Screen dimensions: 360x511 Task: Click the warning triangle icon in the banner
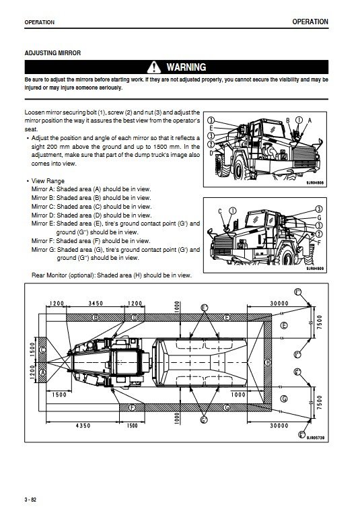pyautogui.click(x=154, y=67)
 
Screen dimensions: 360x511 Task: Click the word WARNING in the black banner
pyautogui.click(x=186, y=67)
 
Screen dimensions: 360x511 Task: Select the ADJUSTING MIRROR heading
pyautogui.click(x=52, y=53)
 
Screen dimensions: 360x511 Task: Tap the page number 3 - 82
pyautogui.click(x=30, y=500)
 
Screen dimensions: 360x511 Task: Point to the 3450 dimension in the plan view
pyautogui.click(x=96, y=304)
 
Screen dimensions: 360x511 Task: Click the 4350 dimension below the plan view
pyautogui.click(x=83, y=425)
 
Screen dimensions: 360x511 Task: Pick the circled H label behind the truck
pyautogui.click(x=267, y=362)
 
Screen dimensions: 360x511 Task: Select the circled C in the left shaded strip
pyautogui.click(x=42, y=350)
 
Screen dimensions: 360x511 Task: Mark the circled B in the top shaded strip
pyautogui.click(x=96, y=317)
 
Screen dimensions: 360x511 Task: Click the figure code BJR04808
pyautogui.click(x=315, y=183)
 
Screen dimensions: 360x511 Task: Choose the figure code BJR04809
pyautogui.click(x=315, y=269)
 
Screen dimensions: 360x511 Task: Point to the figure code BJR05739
pyautogui.click(x=316, y=438)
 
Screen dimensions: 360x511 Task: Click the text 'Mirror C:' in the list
pyautogui.click(x=43, y=206)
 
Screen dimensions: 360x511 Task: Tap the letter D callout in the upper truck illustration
pyautogui.click(x=211, y=153)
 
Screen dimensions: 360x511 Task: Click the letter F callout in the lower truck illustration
pyautogui.click(x=319, y=242)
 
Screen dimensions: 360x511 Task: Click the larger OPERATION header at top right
pyautogui.click(x=310, y=22)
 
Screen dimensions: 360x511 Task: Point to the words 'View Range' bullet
pyautogui.click(x=48, y=181)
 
